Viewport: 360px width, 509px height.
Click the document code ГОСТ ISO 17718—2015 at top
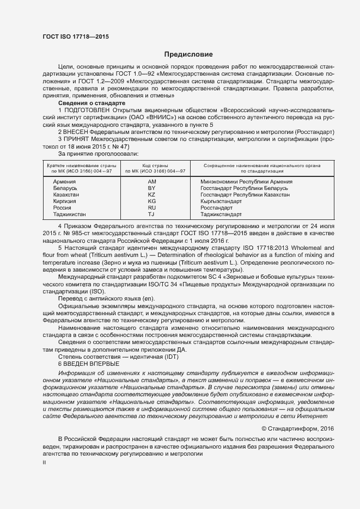tap(75, 36)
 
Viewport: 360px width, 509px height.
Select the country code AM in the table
tap(152, 181)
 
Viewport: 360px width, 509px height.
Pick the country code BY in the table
tap(152, 188)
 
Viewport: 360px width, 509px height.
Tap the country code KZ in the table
tap(152, 194)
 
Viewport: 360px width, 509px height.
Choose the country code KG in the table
tap(152, 201)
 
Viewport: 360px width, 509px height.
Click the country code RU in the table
tap(152, 208)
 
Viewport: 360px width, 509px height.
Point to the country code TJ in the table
tap(152, 214)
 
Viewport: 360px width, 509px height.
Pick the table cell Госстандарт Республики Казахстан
tap(245, 194)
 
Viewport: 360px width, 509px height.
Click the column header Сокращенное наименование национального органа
tap(261, 165)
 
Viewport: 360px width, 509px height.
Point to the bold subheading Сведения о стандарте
tap(91, 103)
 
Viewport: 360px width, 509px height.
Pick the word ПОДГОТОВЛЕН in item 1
tap(90, 111)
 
